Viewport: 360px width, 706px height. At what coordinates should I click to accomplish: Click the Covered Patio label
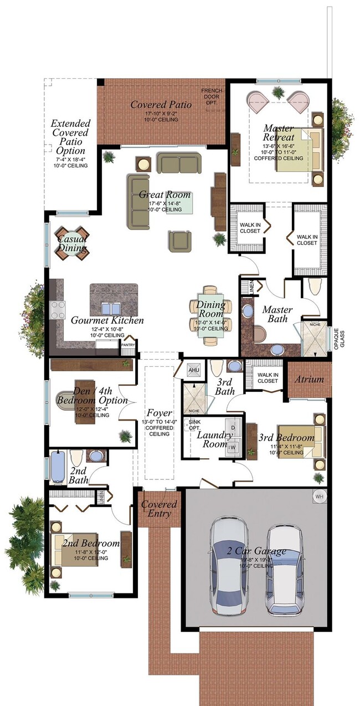point(161,104)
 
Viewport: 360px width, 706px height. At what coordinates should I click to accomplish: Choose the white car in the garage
point(284,569)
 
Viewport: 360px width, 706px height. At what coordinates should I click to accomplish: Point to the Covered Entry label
point(159,509)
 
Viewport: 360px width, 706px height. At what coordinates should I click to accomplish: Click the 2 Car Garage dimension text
point(256,560)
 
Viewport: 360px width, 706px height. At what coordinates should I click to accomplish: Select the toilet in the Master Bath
point(315,287)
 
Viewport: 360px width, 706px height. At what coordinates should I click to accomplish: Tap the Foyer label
point(159,413)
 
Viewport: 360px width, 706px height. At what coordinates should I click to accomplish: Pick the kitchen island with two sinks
point(114,300)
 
